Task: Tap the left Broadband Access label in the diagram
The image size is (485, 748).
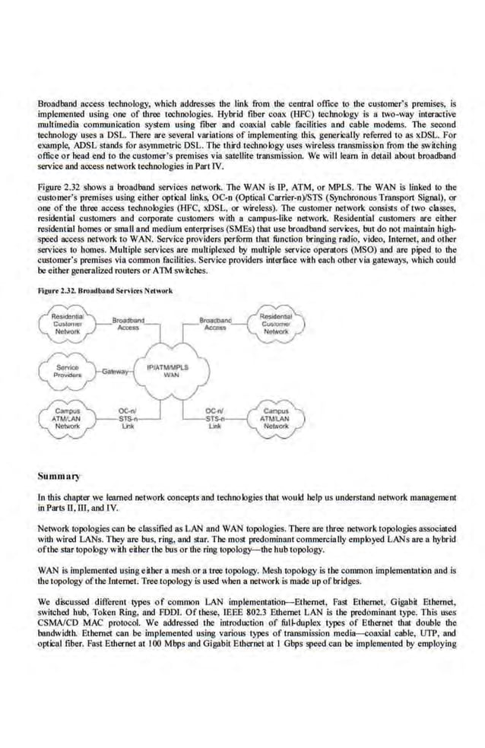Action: [128, 325]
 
